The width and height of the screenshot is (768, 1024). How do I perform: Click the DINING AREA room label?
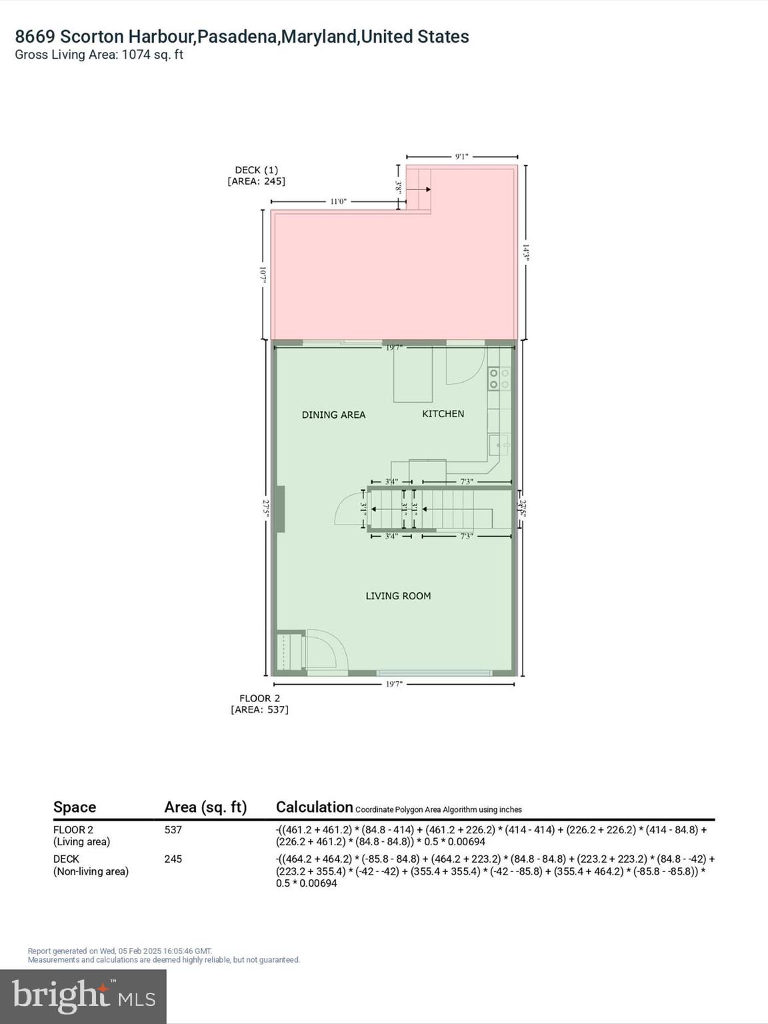(333, 415)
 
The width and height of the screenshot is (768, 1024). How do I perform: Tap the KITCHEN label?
(443, 414)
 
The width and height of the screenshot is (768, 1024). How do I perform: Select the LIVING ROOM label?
(398, 596)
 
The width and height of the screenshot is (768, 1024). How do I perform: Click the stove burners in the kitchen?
(499, 378)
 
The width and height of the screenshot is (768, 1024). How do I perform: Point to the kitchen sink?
(499, 444)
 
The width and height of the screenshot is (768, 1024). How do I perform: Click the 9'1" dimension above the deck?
(461, 157)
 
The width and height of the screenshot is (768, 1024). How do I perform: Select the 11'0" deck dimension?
(338, 201)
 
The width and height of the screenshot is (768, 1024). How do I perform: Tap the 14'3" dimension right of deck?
(526, 253)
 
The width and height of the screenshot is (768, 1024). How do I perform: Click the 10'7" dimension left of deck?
(263, 275)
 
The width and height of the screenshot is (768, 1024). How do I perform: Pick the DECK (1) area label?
(257, 175)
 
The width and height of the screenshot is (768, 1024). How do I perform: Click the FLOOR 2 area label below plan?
(260, 704)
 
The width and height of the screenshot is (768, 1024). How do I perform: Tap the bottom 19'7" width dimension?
(394, 684)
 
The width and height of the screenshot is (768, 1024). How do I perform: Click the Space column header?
(75, 807)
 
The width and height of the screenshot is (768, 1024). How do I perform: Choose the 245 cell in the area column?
(173, 859)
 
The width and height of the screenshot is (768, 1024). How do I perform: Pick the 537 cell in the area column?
(173, 830)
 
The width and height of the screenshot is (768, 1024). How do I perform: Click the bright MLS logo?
(83, 997)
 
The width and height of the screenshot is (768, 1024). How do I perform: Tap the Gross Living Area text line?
(99, 55)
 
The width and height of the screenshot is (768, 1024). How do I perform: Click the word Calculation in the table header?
(314, 807)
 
